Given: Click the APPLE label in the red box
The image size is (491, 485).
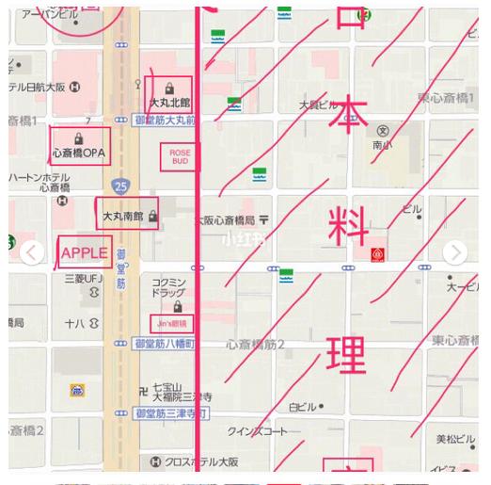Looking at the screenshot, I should tap(85, 253).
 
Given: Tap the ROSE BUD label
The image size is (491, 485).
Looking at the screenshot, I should tap(179, 156).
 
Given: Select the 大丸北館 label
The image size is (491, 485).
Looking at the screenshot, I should tap(169, 102).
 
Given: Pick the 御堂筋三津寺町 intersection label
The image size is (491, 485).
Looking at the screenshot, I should tap(169, 413).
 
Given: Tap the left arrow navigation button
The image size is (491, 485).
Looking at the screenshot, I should tap(33, 252).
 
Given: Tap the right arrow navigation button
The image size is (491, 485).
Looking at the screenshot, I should tap(455, 252).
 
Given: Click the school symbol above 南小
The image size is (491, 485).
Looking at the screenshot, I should tap(382, 130).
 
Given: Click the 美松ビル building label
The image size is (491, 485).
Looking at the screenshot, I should tap(456, 440).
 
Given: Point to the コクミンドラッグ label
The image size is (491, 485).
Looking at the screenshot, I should tap(171, 288).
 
